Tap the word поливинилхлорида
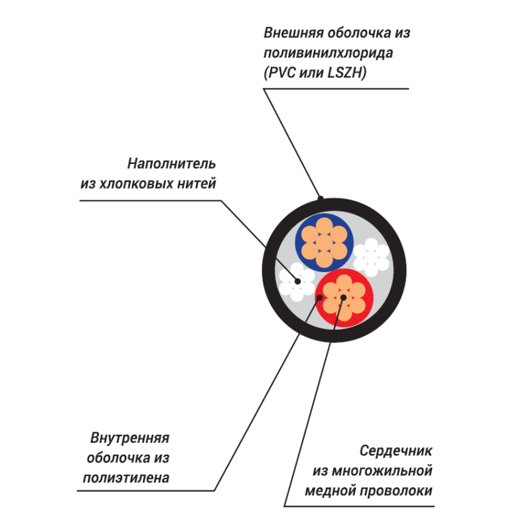click(328, 54)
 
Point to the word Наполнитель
click(171, 164)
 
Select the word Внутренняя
click(129, 438)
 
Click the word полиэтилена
click(126, 478)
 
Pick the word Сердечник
click(396, 451)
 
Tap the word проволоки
click(396, 491)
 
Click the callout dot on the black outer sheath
click(321, 198)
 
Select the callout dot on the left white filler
click(297, 281)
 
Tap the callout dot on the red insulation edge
click(319, 297)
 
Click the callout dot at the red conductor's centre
click(343, 297)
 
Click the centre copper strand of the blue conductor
click(324, 242)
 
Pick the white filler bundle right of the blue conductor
click(371, 257)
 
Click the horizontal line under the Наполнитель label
click(151, 200)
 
